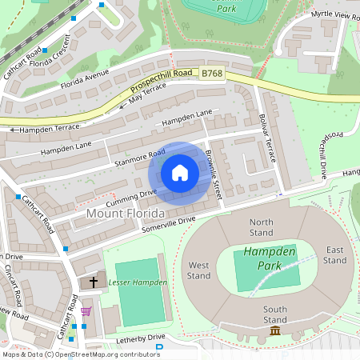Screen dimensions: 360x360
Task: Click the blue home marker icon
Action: tap(180, 173)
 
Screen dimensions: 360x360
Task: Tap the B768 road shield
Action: tap(211, 74)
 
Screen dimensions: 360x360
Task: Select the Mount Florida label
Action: tap(125, 214)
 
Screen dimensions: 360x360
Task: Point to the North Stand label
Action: tap(262, 228)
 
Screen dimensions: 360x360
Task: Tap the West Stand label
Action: tap(199, 270)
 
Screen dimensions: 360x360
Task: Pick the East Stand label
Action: tap(334, 254)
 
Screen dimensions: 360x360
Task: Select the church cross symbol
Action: tap(93, 282)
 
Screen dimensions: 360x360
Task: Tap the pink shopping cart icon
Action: tap(86, 311)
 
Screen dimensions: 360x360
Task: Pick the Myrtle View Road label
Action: tap(335, 15)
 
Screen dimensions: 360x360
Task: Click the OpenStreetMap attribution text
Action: tap(80, 354)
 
